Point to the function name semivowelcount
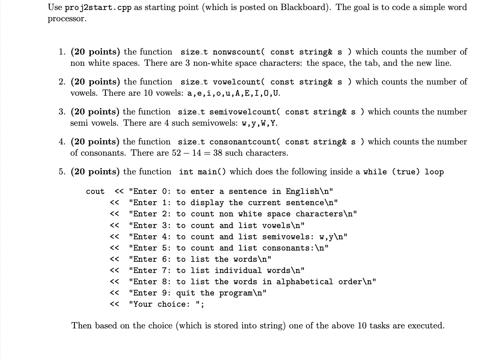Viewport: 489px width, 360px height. [x=243, y=112]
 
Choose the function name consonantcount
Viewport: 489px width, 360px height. [x=243, y=142]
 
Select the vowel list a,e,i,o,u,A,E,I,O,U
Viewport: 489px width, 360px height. [x=233, y=93]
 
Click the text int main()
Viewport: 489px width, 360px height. [x=203, y=172]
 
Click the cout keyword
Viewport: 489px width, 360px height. [x=95, y=191]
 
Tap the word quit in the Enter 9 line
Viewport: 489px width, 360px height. [x=186, y=293]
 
